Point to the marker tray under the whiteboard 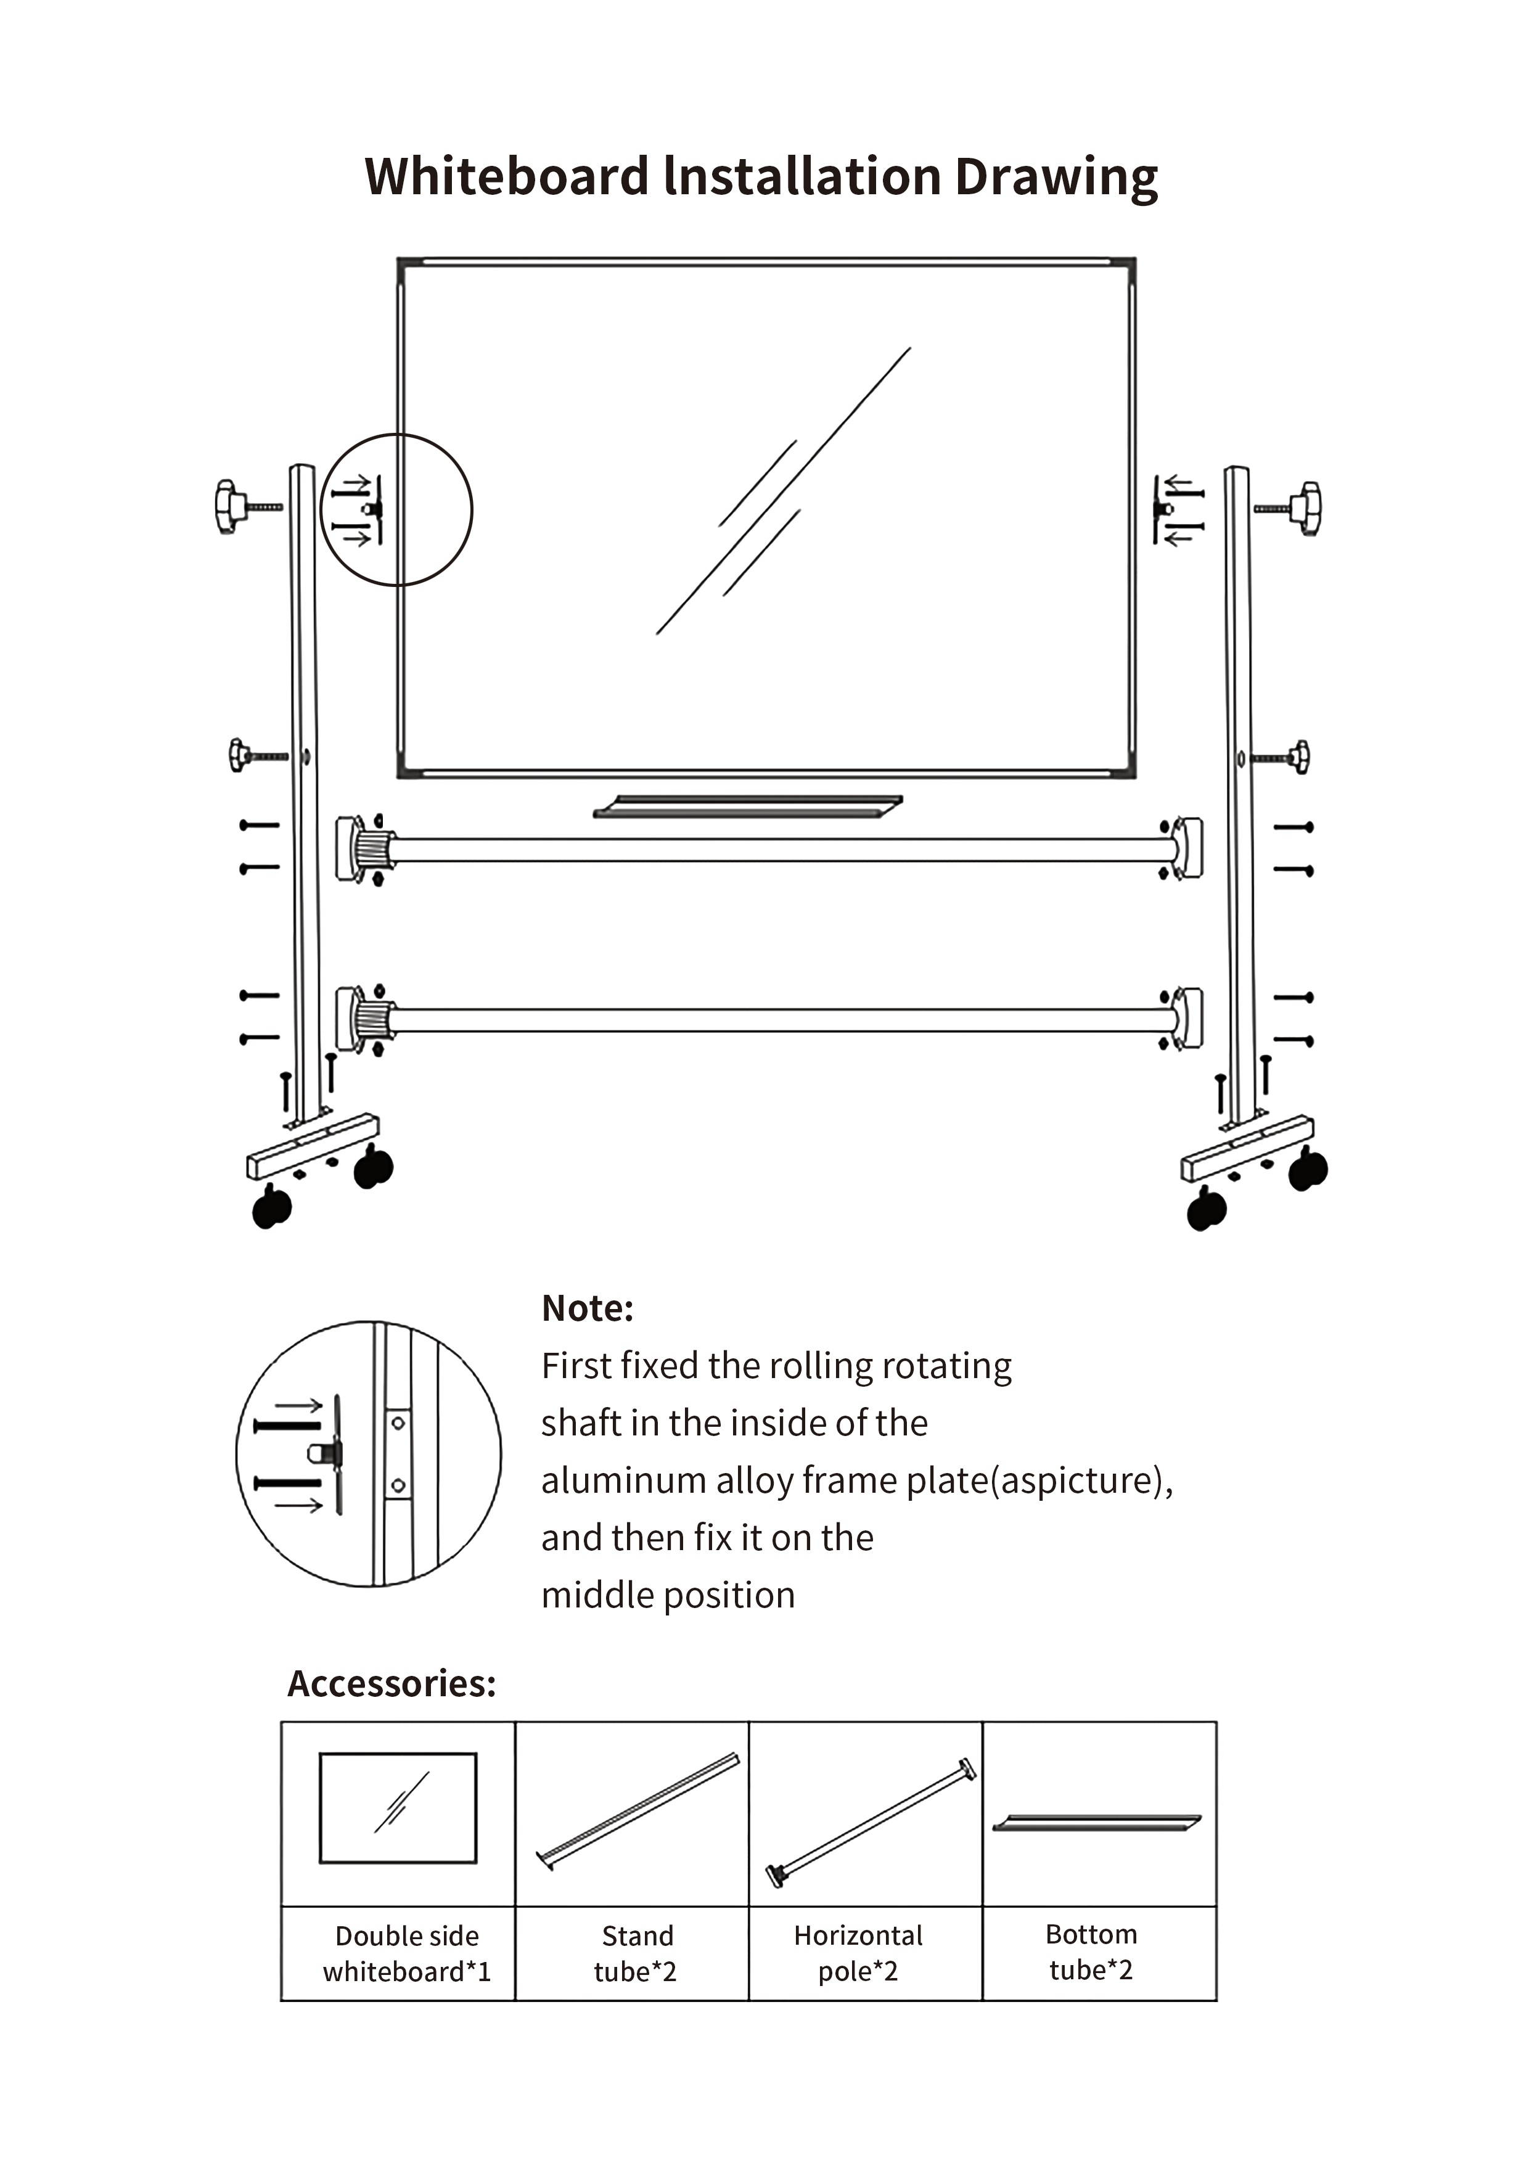click(x=748, y=807)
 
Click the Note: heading click(x=587, y=1308)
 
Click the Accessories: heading click(x=391, y=1683)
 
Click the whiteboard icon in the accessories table click(x=398, y=1808)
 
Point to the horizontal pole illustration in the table click(x=871, y=1822)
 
